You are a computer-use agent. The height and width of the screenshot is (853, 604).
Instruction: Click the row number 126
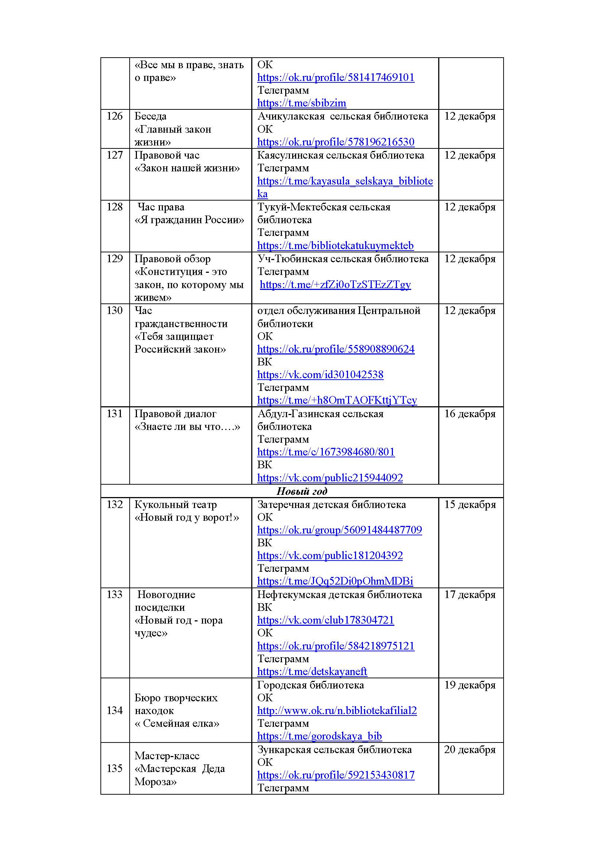115,116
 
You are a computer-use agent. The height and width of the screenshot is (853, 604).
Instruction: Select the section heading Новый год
302,491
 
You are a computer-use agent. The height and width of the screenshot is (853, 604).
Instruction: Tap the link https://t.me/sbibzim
301,103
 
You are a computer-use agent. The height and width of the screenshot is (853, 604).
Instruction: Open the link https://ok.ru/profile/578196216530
336,142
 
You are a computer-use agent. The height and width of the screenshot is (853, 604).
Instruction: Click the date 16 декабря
470,414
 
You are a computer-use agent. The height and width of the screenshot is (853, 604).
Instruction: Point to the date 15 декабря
470,504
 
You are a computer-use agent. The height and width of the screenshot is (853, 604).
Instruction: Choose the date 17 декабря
470,595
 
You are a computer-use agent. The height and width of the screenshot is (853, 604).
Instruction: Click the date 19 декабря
470,685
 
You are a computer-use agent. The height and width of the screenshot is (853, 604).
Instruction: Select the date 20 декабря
470,750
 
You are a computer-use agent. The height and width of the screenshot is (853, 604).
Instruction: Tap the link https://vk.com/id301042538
320,375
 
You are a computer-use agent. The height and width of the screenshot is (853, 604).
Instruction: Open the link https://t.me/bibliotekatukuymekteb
335,245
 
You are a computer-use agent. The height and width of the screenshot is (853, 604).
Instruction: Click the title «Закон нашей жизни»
187,168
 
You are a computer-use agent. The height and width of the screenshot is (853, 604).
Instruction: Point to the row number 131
115,414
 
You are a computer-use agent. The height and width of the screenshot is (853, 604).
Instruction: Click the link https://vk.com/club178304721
325,620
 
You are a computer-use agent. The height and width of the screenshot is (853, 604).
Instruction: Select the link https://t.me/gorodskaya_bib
319,736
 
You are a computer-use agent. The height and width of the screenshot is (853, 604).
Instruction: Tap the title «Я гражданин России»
189,220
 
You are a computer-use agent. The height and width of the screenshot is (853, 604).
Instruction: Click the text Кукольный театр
175,504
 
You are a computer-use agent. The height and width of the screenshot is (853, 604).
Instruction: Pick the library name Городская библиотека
310,685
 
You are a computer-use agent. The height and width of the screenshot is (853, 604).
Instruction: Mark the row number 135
115,768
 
